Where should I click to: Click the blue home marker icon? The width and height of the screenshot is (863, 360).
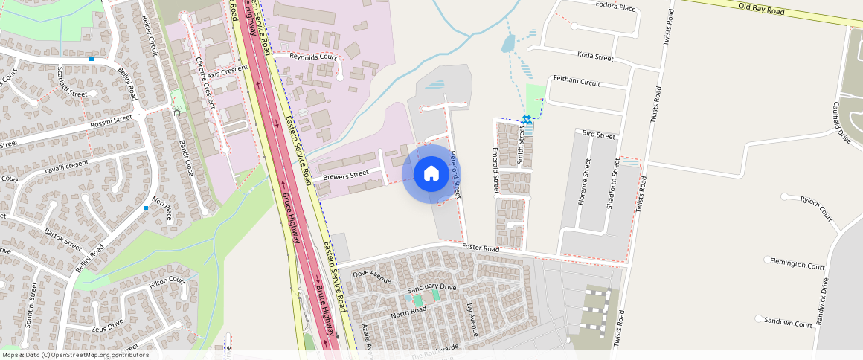[x=431, y=174]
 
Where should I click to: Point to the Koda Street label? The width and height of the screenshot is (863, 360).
[x=595, y=57]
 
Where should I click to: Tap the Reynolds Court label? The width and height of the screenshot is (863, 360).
[x=313, y=57]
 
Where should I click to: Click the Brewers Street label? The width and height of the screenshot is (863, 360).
[x=346, y=176]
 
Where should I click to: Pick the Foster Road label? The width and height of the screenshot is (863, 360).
[x=480, y=247]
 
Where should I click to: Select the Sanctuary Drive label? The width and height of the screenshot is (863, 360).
[x=431, y=287]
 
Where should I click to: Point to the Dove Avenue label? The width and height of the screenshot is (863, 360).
[x=371, y=276]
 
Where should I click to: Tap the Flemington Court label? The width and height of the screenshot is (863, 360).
[x=798, y=265]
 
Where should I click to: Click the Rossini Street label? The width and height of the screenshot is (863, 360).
[x=110, y=120]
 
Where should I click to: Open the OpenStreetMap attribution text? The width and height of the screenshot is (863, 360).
[x=74, y=355]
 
